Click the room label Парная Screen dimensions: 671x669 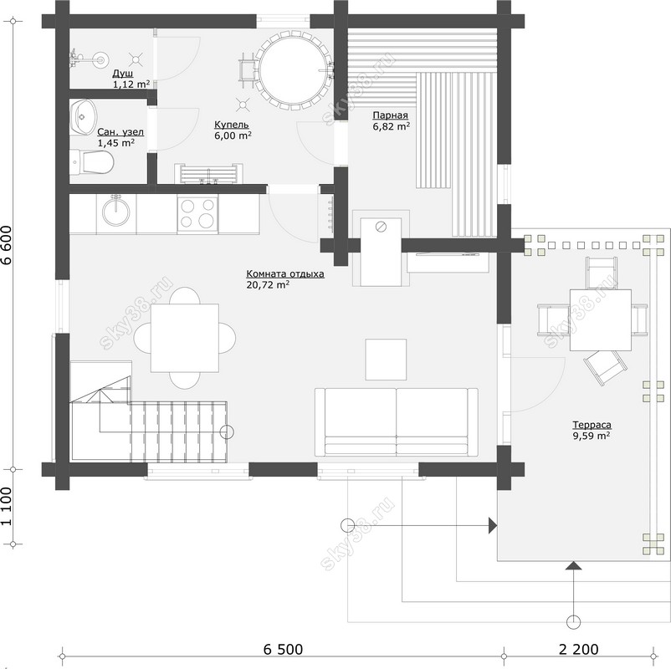(390, 115)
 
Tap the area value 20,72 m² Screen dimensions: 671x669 (268, 284)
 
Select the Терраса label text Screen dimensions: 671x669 (592, 425)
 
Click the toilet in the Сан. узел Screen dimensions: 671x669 (91, 162)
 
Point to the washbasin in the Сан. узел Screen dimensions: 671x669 (84, 117)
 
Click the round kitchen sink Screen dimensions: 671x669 (115, 212)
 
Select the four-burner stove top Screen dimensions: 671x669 (197, 214)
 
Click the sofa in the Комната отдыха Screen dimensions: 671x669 (397, 421)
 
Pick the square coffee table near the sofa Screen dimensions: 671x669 (386, 360)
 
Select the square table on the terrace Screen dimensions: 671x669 (601, 320)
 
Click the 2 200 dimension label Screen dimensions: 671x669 (579, 649)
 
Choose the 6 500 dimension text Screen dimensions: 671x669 (283, 649)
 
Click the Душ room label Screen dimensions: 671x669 (123, 74)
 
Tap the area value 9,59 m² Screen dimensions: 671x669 (592, 436)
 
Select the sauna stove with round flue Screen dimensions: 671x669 (381, 252)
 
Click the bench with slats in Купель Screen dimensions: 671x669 (209, 174)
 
